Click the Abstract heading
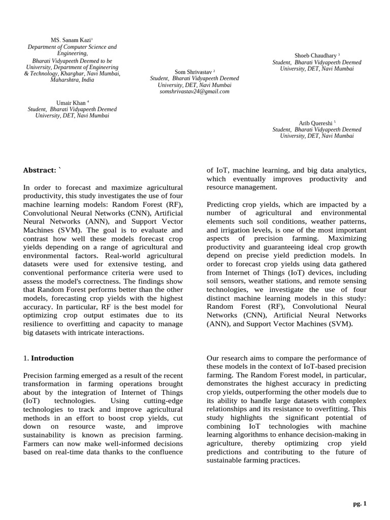(x=41, y=170)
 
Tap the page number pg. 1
(x=360, y=503)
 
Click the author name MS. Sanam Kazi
(x=72, y=40)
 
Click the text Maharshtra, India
(x=72, y=80)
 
